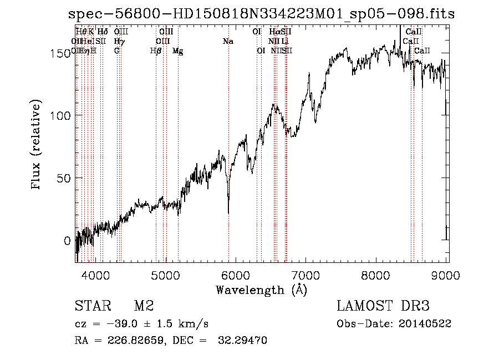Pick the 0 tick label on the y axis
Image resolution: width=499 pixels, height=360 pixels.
[x=67, y=241]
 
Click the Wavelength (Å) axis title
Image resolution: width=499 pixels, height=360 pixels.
[x=261, y=290]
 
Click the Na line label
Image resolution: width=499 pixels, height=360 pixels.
[x=228, y=42]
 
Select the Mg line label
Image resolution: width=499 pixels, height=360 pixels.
[x=178, y=51]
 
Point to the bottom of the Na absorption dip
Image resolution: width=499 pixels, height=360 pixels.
[x=228, y=212]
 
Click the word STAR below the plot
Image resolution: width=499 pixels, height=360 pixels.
[x=91, y=306]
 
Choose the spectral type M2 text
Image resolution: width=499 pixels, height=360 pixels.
[x=144, y=306]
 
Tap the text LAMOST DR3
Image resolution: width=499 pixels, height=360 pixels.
[x=383, y=306]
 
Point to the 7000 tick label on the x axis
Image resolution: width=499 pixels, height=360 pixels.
[x=306, y=275]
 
